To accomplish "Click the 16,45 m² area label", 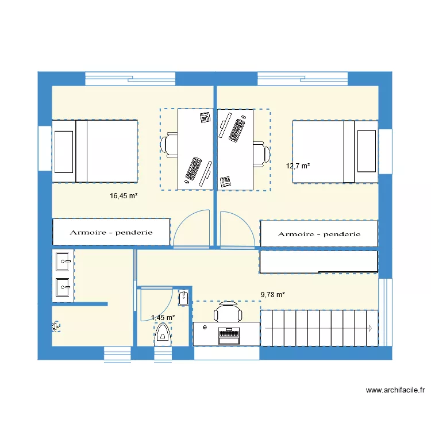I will pos(124,196).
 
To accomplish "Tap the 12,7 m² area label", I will pos(298,166).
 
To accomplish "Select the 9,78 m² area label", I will pos(272,295).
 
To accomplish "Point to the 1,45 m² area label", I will pos(163,317).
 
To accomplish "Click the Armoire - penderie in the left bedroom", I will pos(111,232).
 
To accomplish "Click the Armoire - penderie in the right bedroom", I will pos(319,234).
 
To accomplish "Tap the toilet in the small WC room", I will pos(163,333).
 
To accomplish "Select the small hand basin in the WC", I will pos(183,297).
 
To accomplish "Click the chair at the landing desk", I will pos(228,313).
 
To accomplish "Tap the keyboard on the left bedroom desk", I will pos(193,169).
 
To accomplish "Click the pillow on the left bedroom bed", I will pos(64,151).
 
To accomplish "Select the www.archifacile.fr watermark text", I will pos(395,390).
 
